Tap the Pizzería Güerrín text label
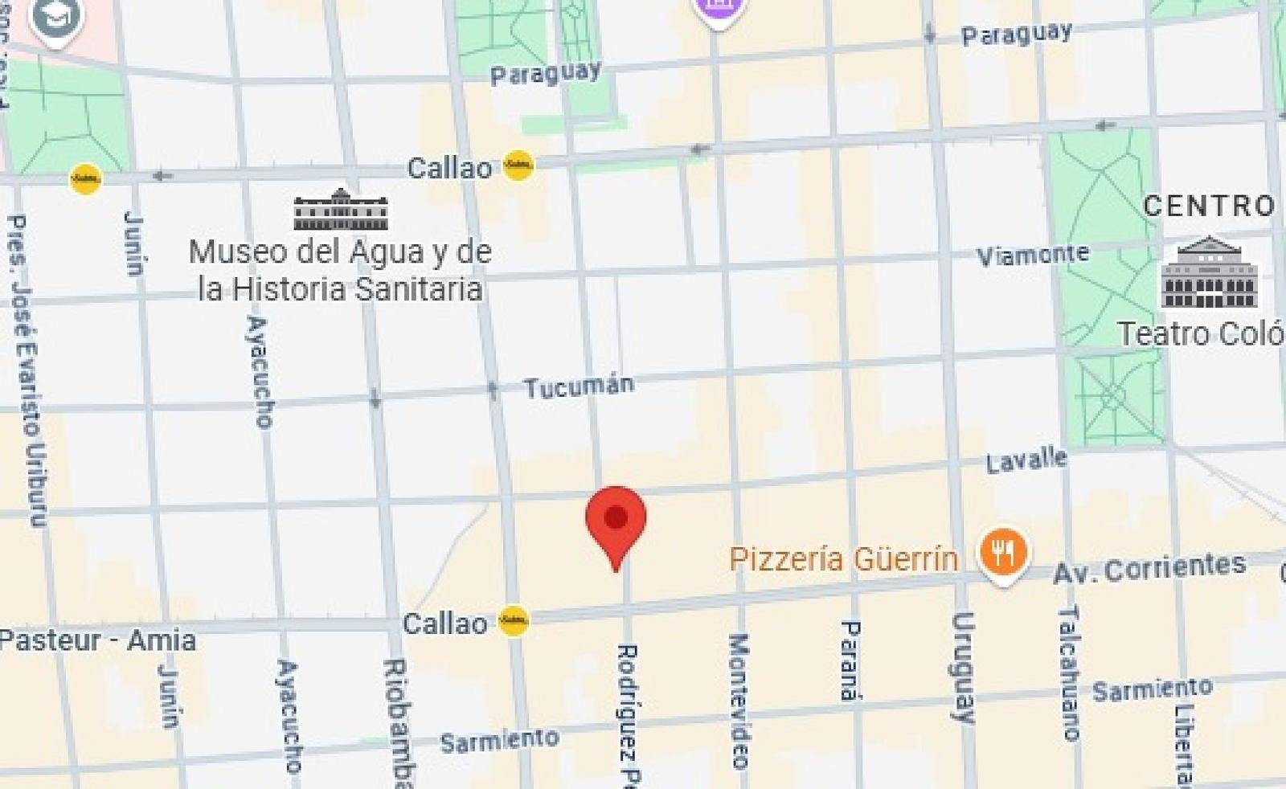843,558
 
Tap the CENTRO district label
1209,206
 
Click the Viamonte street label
1032,256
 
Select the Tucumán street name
579,386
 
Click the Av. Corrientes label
1149,569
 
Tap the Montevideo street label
739,700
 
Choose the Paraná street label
850,660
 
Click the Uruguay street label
963,667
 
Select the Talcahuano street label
1070,673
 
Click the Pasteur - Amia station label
97,640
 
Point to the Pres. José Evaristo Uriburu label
28,370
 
